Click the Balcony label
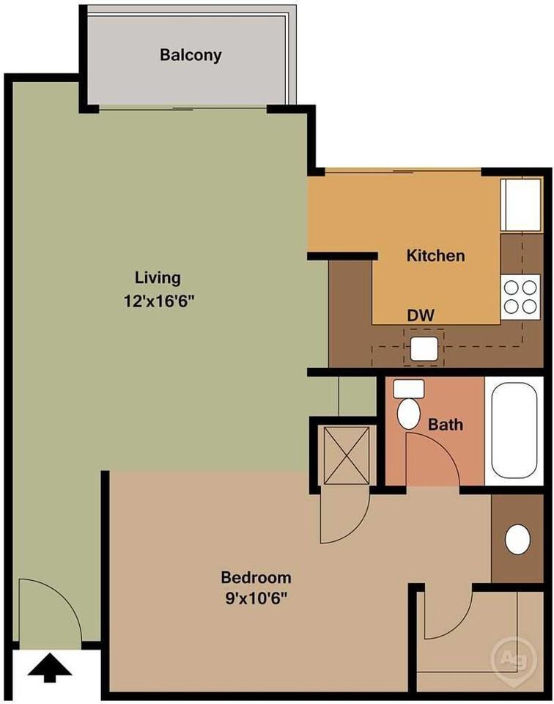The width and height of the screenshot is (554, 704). pyautogui.click(x=191, y=55)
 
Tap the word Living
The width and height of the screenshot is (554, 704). pyautogui.click(x=158, y=278)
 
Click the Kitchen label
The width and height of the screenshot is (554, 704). pyautogui.click(x=435, y=256)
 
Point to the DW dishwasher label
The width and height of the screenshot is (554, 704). pyautogui.click(x=421, y=316)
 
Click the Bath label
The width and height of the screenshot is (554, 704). pyautogui.click(x=446, y=425)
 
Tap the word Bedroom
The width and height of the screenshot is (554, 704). pyautogui.click(x=256, y=577)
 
